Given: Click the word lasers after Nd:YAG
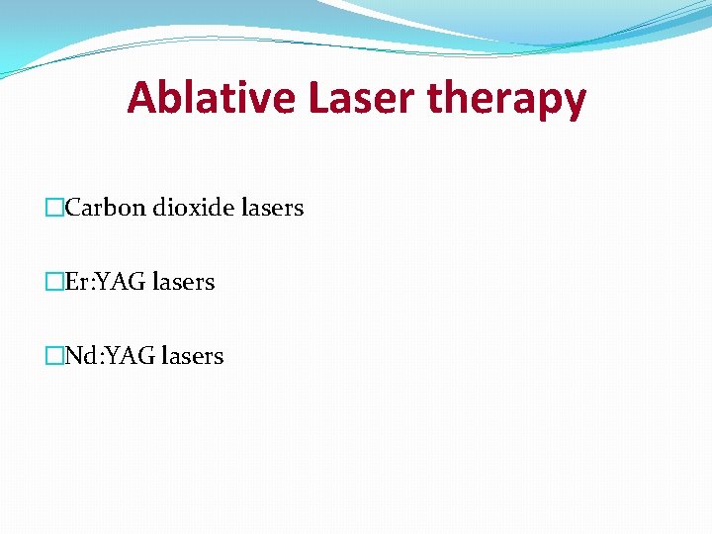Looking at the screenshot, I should coord(190,356).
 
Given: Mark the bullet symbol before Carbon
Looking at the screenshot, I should coord(55,209).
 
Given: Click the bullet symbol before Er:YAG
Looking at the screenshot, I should coord(55,283).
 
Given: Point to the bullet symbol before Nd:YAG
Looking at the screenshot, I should coord(55,356).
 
